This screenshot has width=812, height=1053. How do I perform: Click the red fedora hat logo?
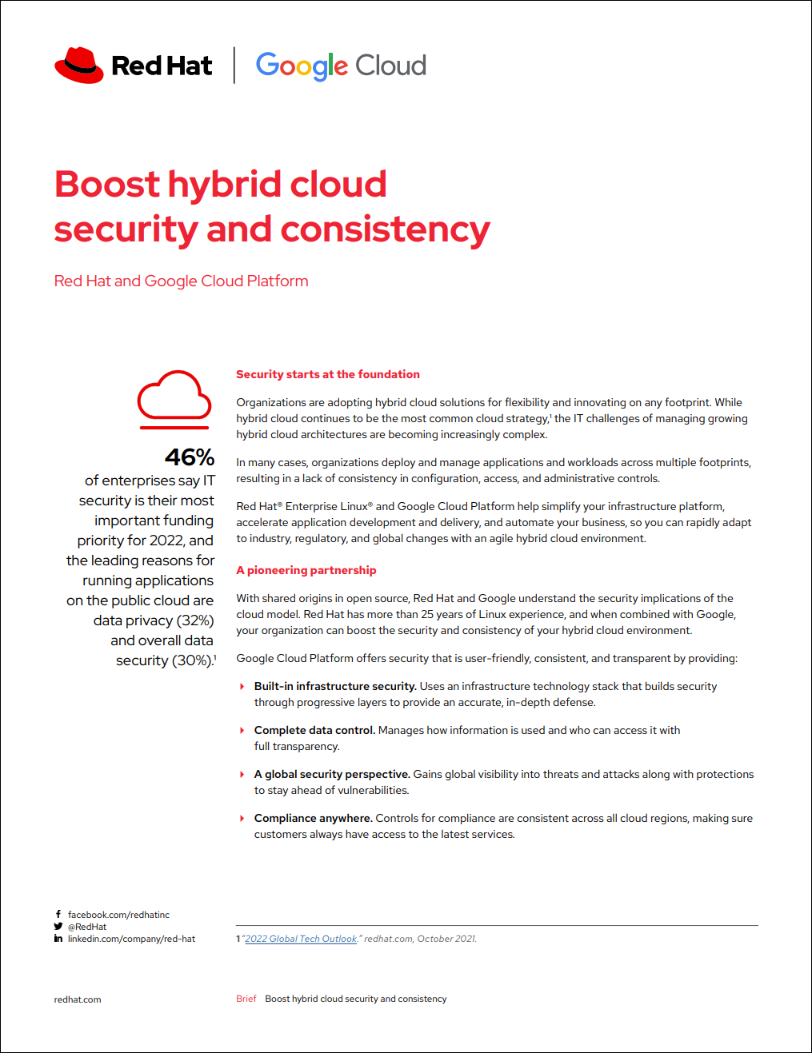click(x=79, y=65)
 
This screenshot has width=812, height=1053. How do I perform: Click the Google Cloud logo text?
click(x=341, y=66)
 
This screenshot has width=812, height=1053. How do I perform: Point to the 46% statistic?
click(x=190, y=457)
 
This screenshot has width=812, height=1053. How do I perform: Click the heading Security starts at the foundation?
click(x=327, y=374)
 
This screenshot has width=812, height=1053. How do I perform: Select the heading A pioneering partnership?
click(x=306, y=570)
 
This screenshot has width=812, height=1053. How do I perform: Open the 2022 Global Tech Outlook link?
click(x=301, y=939)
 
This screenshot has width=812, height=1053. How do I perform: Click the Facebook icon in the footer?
click(x=58, y=914)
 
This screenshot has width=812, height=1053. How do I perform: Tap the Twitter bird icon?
click(x=58, y=927)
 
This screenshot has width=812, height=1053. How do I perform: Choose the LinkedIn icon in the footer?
click(x=58, y=939)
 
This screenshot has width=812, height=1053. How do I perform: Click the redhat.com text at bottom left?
click(x=78, y=999)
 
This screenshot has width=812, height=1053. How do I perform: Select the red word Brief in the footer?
click(x=246, y=999)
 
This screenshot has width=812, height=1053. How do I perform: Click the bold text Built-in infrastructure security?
click(x=335, y=686)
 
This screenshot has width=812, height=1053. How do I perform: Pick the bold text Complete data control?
click(x=314, y=730)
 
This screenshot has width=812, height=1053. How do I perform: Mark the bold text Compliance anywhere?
click(x=313, y=818)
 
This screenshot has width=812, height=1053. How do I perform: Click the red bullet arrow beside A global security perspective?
click(x=242, y=774)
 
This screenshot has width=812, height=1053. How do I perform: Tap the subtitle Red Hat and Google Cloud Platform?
click(x=181, y=281)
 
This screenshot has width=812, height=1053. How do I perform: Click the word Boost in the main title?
click(x=108, y=184)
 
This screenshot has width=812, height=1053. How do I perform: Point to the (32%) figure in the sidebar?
click(x=195, y=620)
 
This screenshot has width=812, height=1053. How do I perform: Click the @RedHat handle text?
click(x=87, y=927)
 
